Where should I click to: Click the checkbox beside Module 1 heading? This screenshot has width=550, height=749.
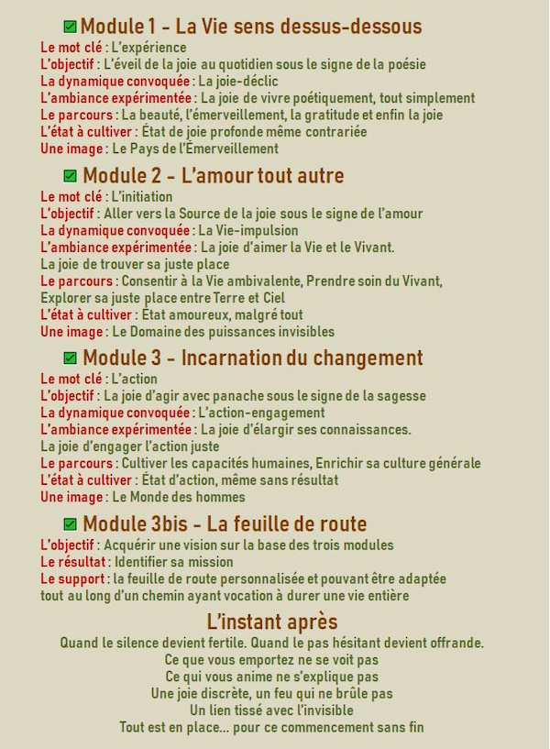[x=70, y=27]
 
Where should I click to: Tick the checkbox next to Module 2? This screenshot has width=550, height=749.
[x=71, y=175]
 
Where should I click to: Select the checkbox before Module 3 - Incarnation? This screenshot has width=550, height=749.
[x=71, y=358]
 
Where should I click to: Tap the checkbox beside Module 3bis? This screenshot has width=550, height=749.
[x=71, y=524]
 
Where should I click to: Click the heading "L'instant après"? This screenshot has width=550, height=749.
[x=272, y=622]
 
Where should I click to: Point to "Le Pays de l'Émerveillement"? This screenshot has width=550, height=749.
[x=195, y=148]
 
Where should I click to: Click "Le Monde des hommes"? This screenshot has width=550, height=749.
[x=179, y=496]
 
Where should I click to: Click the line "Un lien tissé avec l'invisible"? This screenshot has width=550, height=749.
[x=271, y=710]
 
